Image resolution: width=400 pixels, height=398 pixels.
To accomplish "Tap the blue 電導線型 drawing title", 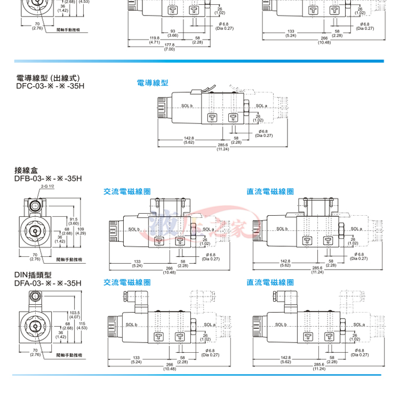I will point(153,83).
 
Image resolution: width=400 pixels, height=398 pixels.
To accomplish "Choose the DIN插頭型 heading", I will point(33,275).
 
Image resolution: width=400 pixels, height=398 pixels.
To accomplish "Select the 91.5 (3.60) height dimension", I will point(74,221).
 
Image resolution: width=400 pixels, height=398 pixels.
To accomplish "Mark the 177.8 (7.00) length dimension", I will point(170,47).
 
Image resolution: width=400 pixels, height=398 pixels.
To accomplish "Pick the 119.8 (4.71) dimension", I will point(155,40).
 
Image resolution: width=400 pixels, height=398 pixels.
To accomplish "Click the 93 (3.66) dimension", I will point(173,33).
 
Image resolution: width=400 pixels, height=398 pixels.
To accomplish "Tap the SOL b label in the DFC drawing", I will point(187,106).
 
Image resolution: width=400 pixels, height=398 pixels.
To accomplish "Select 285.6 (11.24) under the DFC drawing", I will point(223,147).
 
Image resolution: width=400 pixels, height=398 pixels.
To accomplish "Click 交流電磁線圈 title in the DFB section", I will point(127,191).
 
